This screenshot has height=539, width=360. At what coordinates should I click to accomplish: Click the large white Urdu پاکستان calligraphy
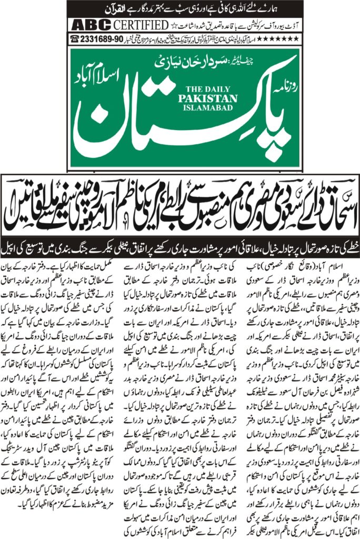point(158,118)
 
